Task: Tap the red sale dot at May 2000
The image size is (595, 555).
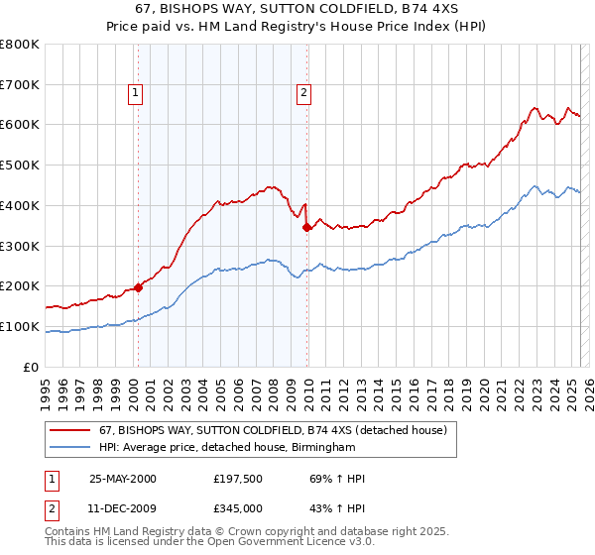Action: pyautogui.click(x=138, y=286)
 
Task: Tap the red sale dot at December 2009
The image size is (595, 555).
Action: pyautogui.click(x=306, y=227)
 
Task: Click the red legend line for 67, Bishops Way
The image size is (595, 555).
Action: pyautogui.click(x=70, y=431)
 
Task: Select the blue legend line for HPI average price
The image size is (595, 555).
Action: pyautogui.click(x=70, y=447)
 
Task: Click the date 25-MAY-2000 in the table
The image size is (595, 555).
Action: pyautogui.click(x=123, y=479)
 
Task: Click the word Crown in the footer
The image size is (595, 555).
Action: pyautogui.click(x=264, y=531)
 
